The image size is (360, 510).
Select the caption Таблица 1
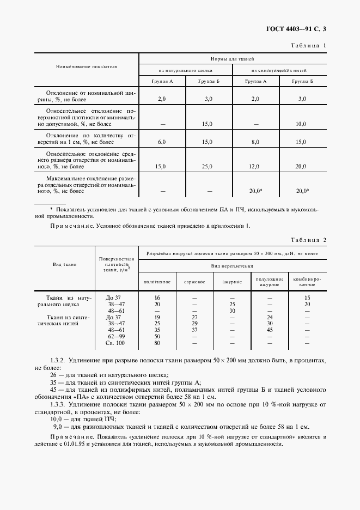click(x=309, y=46)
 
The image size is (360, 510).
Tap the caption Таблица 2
click(x=309, y=240)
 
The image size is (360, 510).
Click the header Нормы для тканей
click(x=233, y=58)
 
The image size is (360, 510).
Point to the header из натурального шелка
click(x=185, y=70)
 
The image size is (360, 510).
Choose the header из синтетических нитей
click(x=279, y=70)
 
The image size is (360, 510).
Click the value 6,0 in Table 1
click(x=161, y=142)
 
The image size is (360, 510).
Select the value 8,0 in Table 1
click(x=255, y=142)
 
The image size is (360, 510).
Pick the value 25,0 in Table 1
click(x=208, y=166)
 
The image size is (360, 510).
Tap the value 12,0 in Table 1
click(x=255, y=166)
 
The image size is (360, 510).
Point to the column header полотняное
click(x=157, y=281)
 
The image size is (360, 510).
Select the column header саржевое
click(x=194, y=281)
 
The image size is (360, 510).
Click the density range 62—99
click(x=116, y=337)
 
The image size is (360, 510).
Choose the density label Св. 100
click(x=116, y=343)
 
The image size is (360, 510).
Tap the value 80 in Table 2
click(x=157, y=343)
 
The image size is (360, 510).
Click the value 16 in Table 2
click(x=157, y=297)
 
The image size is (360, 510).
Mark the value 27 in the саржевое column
click(x=194, y=317)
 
